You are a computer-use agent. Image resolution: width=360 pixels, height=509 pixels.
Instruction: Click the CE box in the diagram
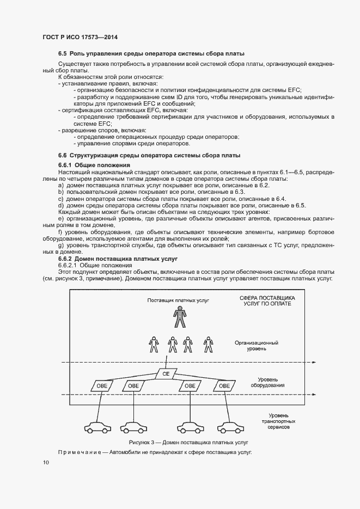pyautogui.click(x=166, y=374)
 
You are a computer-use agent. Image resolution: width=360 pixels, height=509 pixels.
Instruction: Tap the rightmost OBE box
pyautogui.click(x=223, y=385)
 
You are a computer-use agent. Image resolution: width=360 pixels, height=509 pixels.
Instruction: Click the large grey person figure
pyautogui.click(x=178, y=317)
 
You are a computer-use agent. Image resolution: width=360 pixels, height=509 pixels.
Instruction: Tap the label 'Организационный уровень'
pyautogui.click(x=257, y=346)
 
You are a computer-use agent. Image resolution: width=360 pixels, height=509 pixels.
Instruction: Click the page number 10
pyautogui.click(x=46, y=462)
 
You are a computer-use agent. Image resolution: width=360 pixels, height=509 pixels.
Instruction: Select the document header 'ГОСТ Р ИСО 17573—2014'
pyautogui.click(x=80, y=37)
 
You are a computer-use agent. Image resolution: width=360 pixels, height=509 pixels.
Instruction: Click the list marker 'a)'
pyautogui.click(x=60, y=186)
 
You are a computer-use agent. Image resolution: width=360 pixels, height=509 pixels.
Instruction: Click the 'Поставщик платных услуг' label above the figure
pyautogui.click(x=178, y=300)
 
